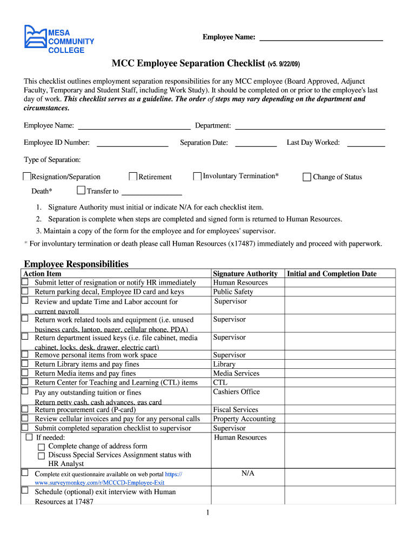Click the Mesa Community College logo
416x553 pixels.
(59, 39)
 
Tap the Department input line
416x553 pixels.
(310, 126)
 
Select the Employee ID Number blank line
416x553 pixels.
(132, 143)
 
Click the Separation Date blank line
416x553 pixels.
(256, 143)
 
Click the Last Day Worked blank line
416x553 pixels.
(366, 143)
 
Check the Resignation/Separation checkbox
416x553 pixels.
(27, 177)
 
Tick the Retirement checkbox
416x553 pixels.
(133, 177)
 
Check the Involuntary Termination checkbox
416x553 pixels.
(197, 176)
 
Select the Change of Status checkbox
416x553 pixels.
(307, 177)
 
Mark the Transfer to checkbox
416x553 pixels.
(81, 191)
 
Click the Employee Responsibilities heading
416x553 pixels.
(76, 264)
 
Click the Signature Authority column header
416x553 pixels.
(245, 274)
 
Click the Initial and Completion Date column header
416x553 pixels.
(332, 274)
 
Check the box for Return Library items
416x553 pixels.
(25, 364)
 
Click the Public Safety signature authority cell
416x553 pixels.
(233, 292)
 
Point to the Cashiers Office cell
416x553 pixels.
(236, 392)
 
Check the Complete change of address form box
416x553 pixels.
(41, 447)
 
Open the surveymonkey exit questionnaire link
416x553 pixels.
(100, 482)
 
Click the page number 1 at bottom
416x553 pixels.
(207, 512)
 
